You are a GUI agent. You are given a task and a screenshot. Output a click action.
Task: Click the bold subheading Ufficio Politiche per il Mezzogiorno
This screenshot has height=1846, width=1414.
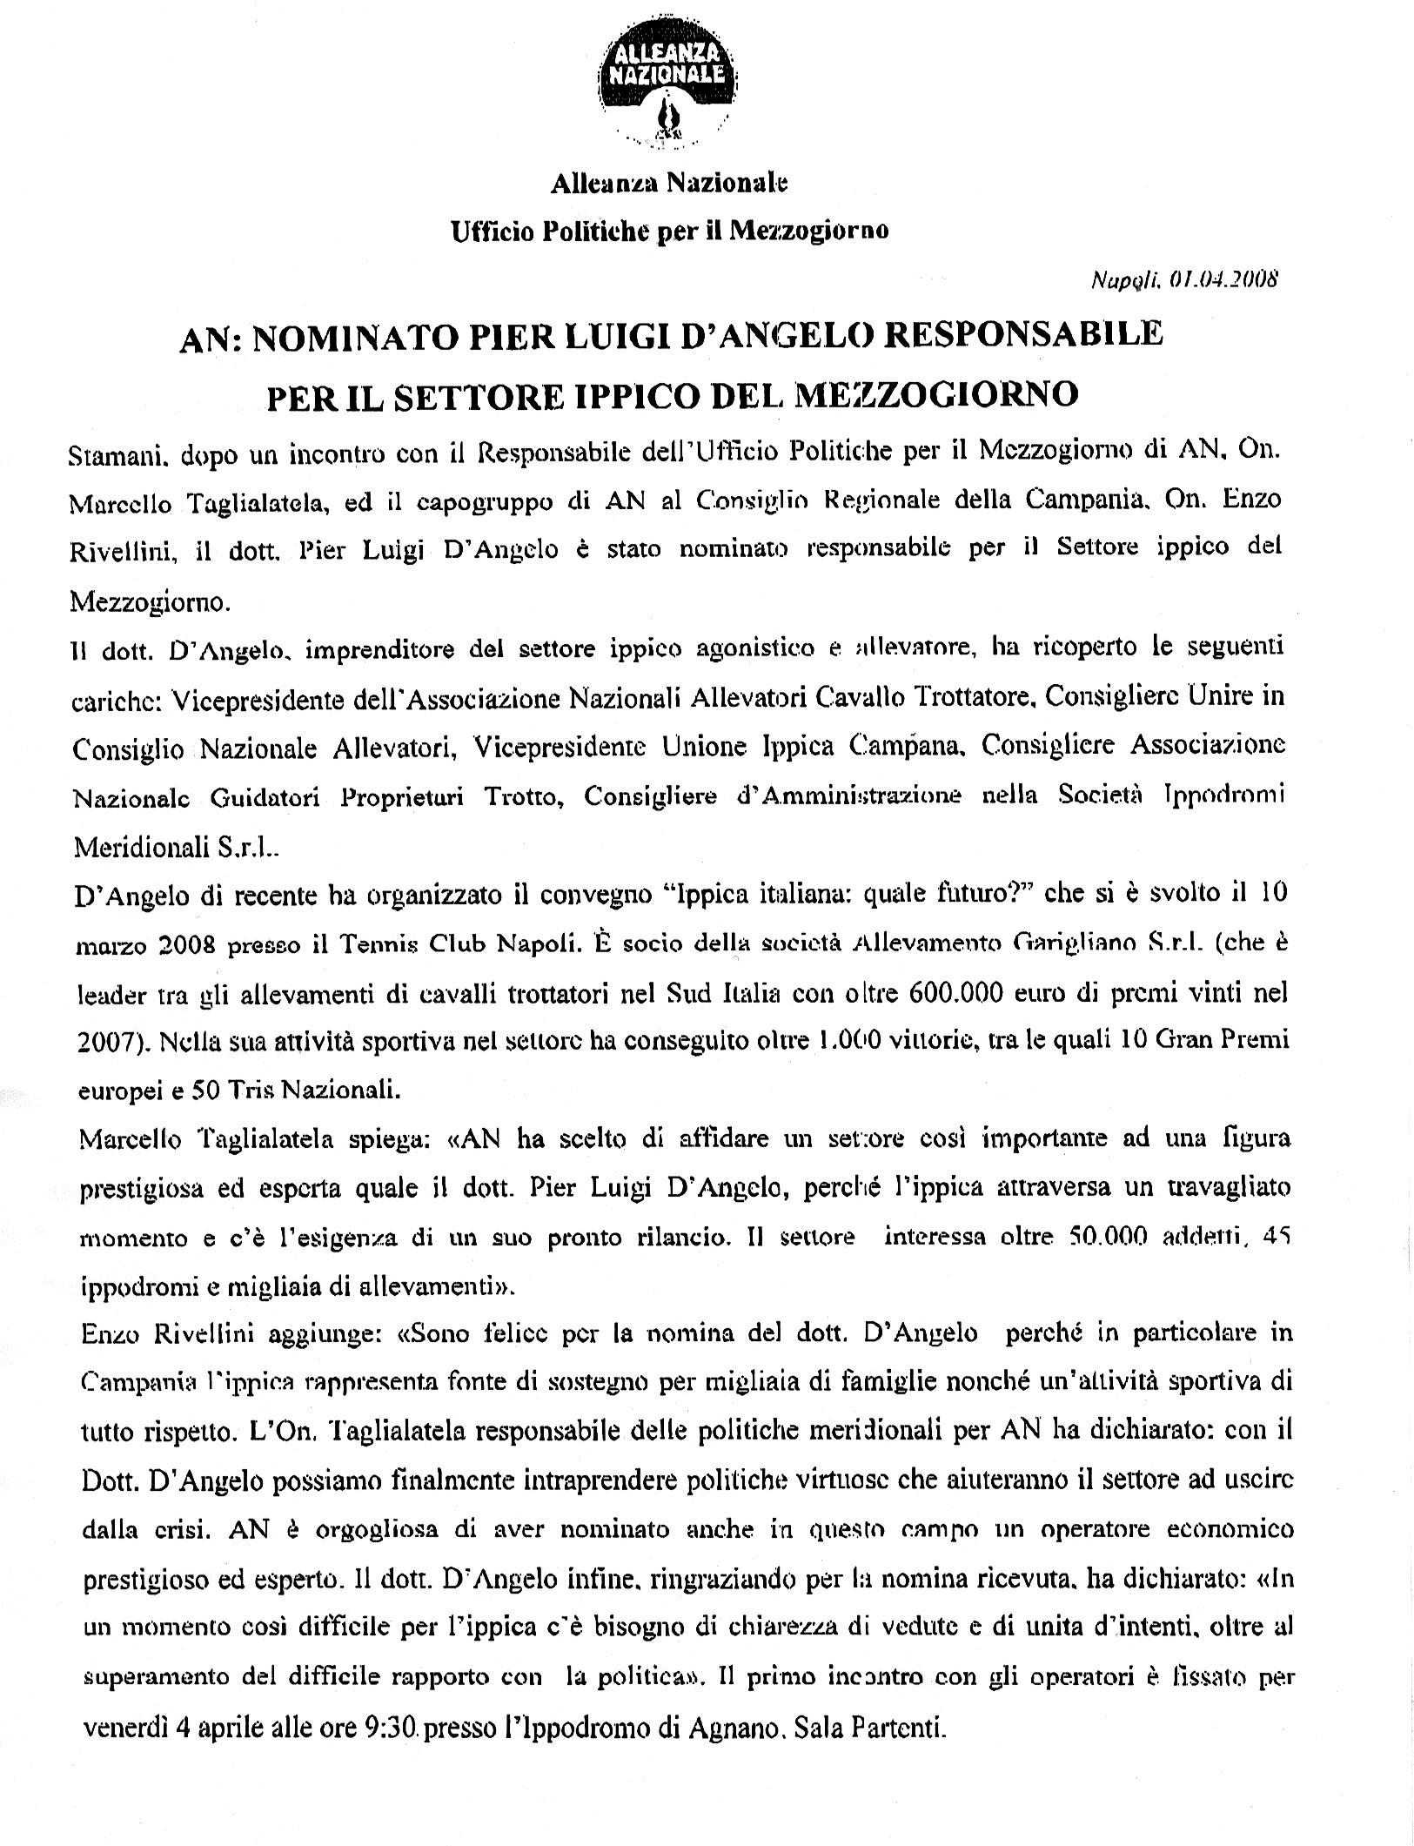[x=669, y=231]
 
